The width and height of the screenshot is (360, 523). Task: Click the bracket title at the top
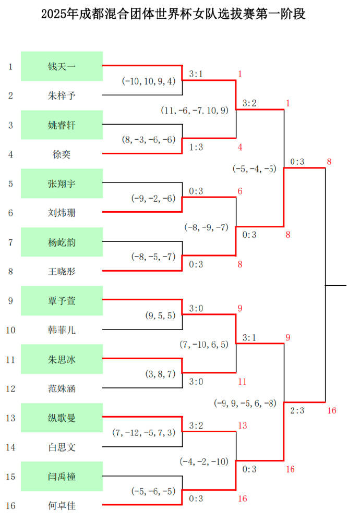(173, 14)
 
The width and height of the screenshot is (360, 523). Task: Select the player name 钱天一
(62, 67)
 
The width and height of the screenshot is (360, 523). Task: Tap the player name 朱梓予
(62, 96)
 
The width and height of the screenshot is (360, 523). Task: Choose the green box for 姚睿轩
(62, 125)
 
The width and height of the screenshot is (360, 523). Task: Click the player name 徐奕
(62, 154)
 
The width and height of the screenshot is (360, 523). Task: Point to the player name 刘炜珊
(62, 213)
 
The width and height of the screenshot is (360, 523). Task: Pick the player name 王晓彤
(62, 272)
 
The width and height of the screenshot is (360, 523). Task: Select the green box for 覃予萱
(62, 300)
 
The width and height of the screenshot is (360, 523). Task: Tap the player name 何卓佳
(62, 506)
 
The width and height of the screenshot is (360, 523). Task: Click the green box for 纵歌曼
(62, 418)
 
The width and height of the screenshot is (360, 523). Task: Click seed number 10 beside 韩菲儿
(10, 330)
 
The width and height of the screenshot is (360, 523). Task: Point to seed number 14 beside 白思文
(10, 447)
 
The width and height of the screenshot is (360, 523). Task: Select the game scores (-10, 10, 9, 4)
(149, 81)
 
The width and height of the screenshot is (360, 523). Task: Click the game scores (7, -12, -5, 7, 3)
(144, 433)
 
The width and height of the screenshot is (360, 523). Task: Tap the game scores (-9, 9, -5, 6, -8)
(245, 403)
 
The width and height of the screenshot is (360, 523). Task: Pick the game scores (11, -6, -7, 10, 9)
(195, 111)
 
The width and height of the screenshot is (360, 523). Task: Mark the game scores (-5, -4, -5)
(255, 169)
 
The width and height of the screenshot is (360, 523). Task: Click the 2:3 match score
(297, 410)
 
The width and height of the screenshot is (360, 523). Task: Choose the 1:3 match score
(196, 147)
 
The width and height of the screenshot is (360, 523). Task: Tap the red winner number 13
(243, 425)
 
